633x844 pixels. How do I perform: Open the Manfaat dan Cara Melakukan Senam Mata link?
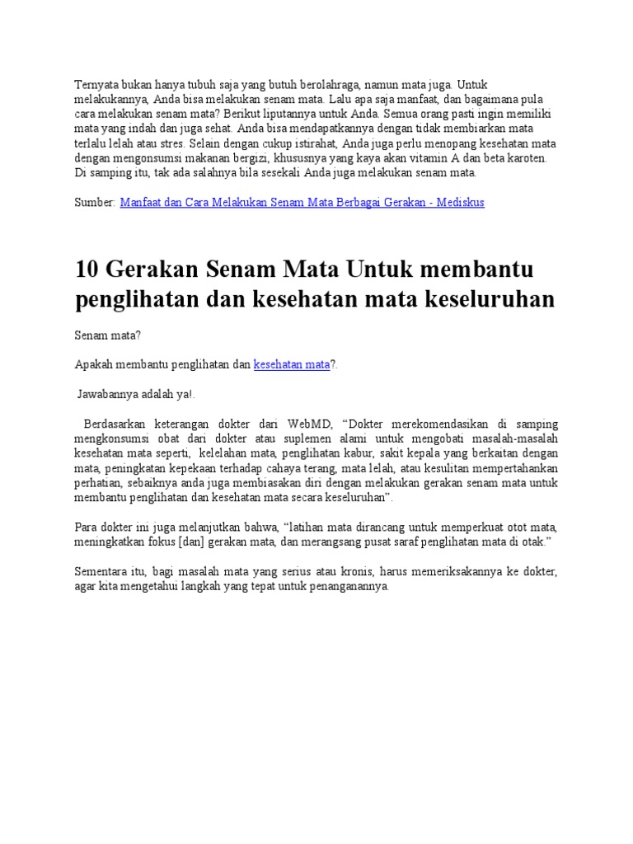302,202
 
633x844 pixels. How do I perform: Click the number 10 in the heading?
87,269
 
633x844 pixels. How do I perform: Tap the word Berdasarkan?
116,424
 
